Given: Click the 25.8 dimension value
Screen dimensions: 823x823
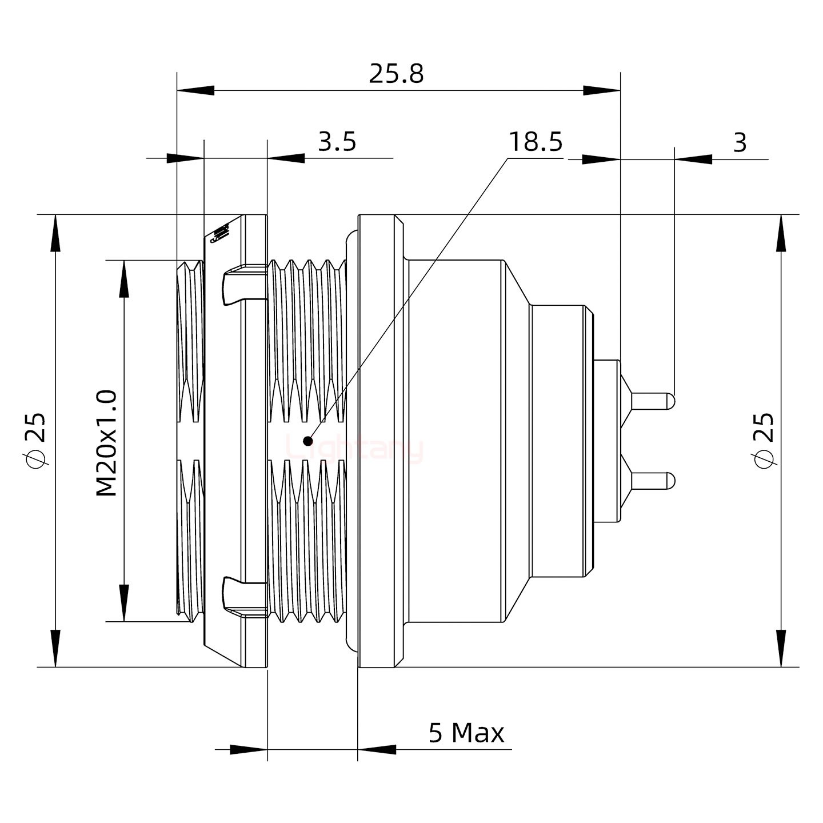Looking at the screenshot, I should click(396, 74).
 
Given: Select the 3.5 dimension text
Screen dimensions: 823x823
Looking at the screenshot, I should click(337, 141).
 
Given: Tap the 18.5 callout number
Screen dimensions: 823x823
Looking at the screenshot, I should click(536, 141).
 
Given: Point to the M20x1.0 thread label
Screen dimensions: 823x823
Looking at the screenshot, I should click(107, 443).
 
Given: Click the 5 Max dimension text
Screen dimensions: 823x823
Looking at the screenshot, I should click(466, 733).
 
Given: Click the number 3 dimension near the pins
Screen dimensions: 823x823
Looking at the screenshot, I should click(740, 142).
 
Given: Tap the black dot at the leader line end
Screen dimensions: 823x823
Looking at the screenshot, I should click(308, 441).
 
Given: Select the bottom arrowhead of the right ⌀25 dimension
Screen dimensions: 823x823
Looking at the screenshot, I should click(781, 648).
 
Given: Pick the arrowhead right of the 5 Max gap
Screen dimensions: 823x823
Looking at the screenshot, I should click(377, 749).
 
